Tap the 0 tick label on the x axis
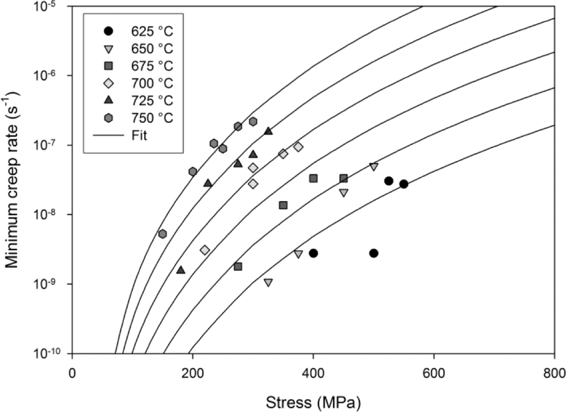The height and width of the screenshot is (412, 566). [72, 372]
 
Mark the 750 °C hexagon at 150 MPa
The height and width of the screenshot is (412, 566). [163, 234]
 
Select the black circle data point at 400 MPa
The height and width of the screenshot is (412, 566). [313, 253]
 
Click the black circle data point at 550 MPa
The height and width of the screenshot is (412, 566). [403, 184]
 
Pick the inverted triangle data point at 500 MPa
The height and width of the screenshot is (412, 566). [374, 166]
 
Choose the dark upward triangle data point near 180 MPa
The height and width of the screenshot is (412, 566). [181, 270]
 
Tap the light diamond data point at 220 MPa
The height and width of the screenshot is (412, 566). [205, 250]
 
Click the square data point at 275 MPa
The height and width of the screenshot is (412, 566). [238, 267]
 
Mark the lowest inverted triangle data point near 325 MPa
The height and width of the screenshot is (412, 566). [268, 283]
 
